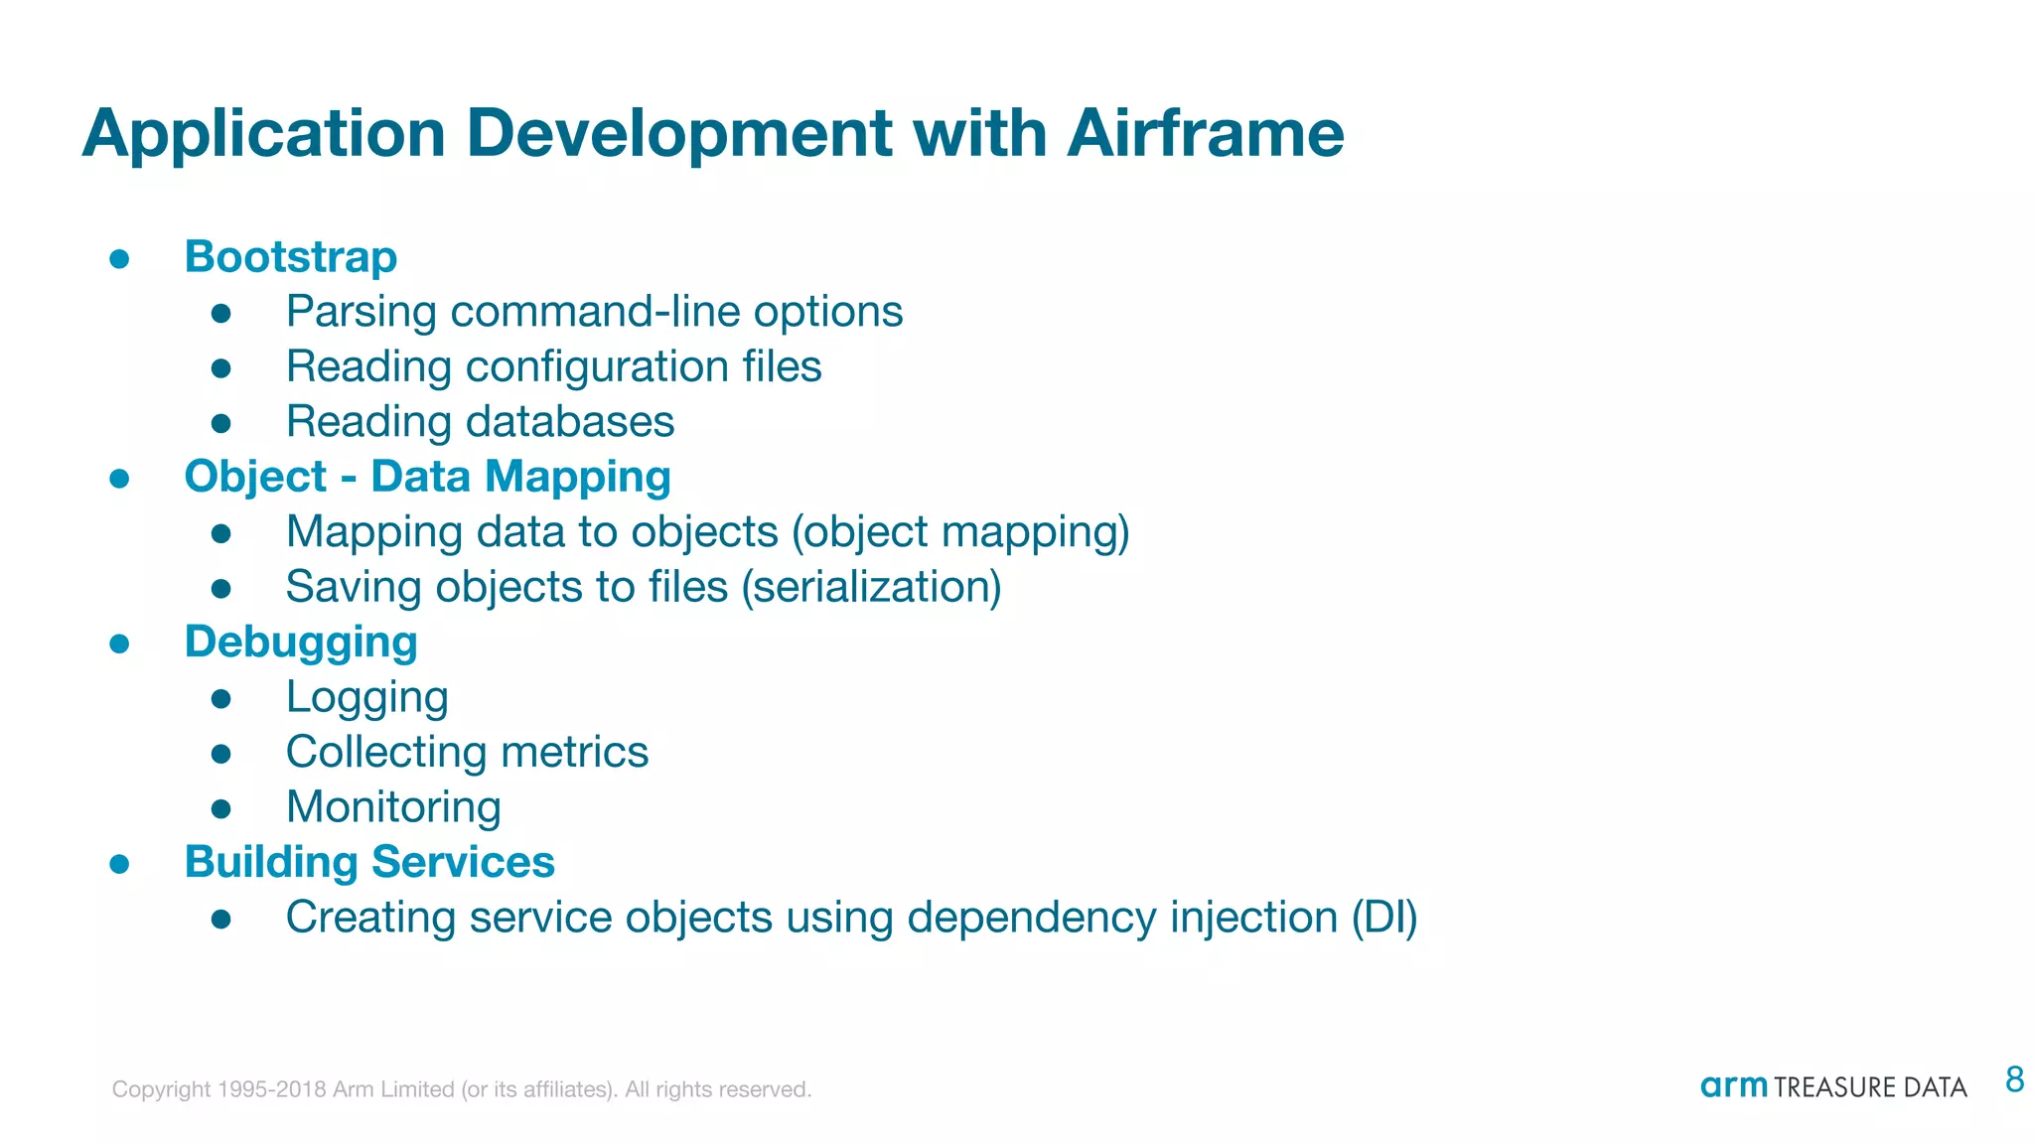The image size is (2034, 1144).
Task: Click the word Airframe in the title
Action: [x=1205, y=133]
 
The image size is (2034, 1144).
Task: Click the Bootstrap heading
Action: [x=291, y=257]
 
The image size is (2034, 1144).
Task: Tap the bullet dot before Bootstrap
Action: [x=120, y=259]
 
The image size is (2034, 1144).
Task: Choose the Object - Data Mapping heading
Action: [x=427, y=478]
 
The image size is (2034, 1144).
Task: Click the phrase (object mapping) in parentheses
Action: [x=960, y=532]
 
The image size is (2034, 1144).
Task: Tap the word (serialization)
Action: [x=871, y=587]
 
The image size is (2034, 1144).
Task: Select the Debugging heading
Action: [x=301, y=643]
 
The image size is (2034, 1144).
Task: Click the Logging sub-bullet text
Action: [x=366, y=698]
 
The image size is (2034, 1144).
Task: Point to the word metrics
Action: [x=574, y=753]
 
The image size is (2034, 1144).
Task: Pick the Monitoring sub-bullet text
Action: [x=393, y=807]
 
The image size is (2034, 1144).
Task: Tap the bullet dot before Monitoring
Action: [x=221, y=809]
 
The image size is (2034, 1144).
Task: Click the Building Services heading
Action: [x=369, y=862]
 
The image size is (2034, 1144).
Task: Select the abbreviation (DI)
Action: [x=1383, y=918]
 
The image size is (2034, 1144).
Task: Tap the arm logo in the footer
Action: [x=1733, y=1086]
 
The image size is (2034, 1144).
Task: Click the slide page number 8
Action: [x=2014, y=1079]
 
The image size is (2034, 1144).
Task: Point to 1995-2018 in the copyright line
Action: [x=271, y=1089]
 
